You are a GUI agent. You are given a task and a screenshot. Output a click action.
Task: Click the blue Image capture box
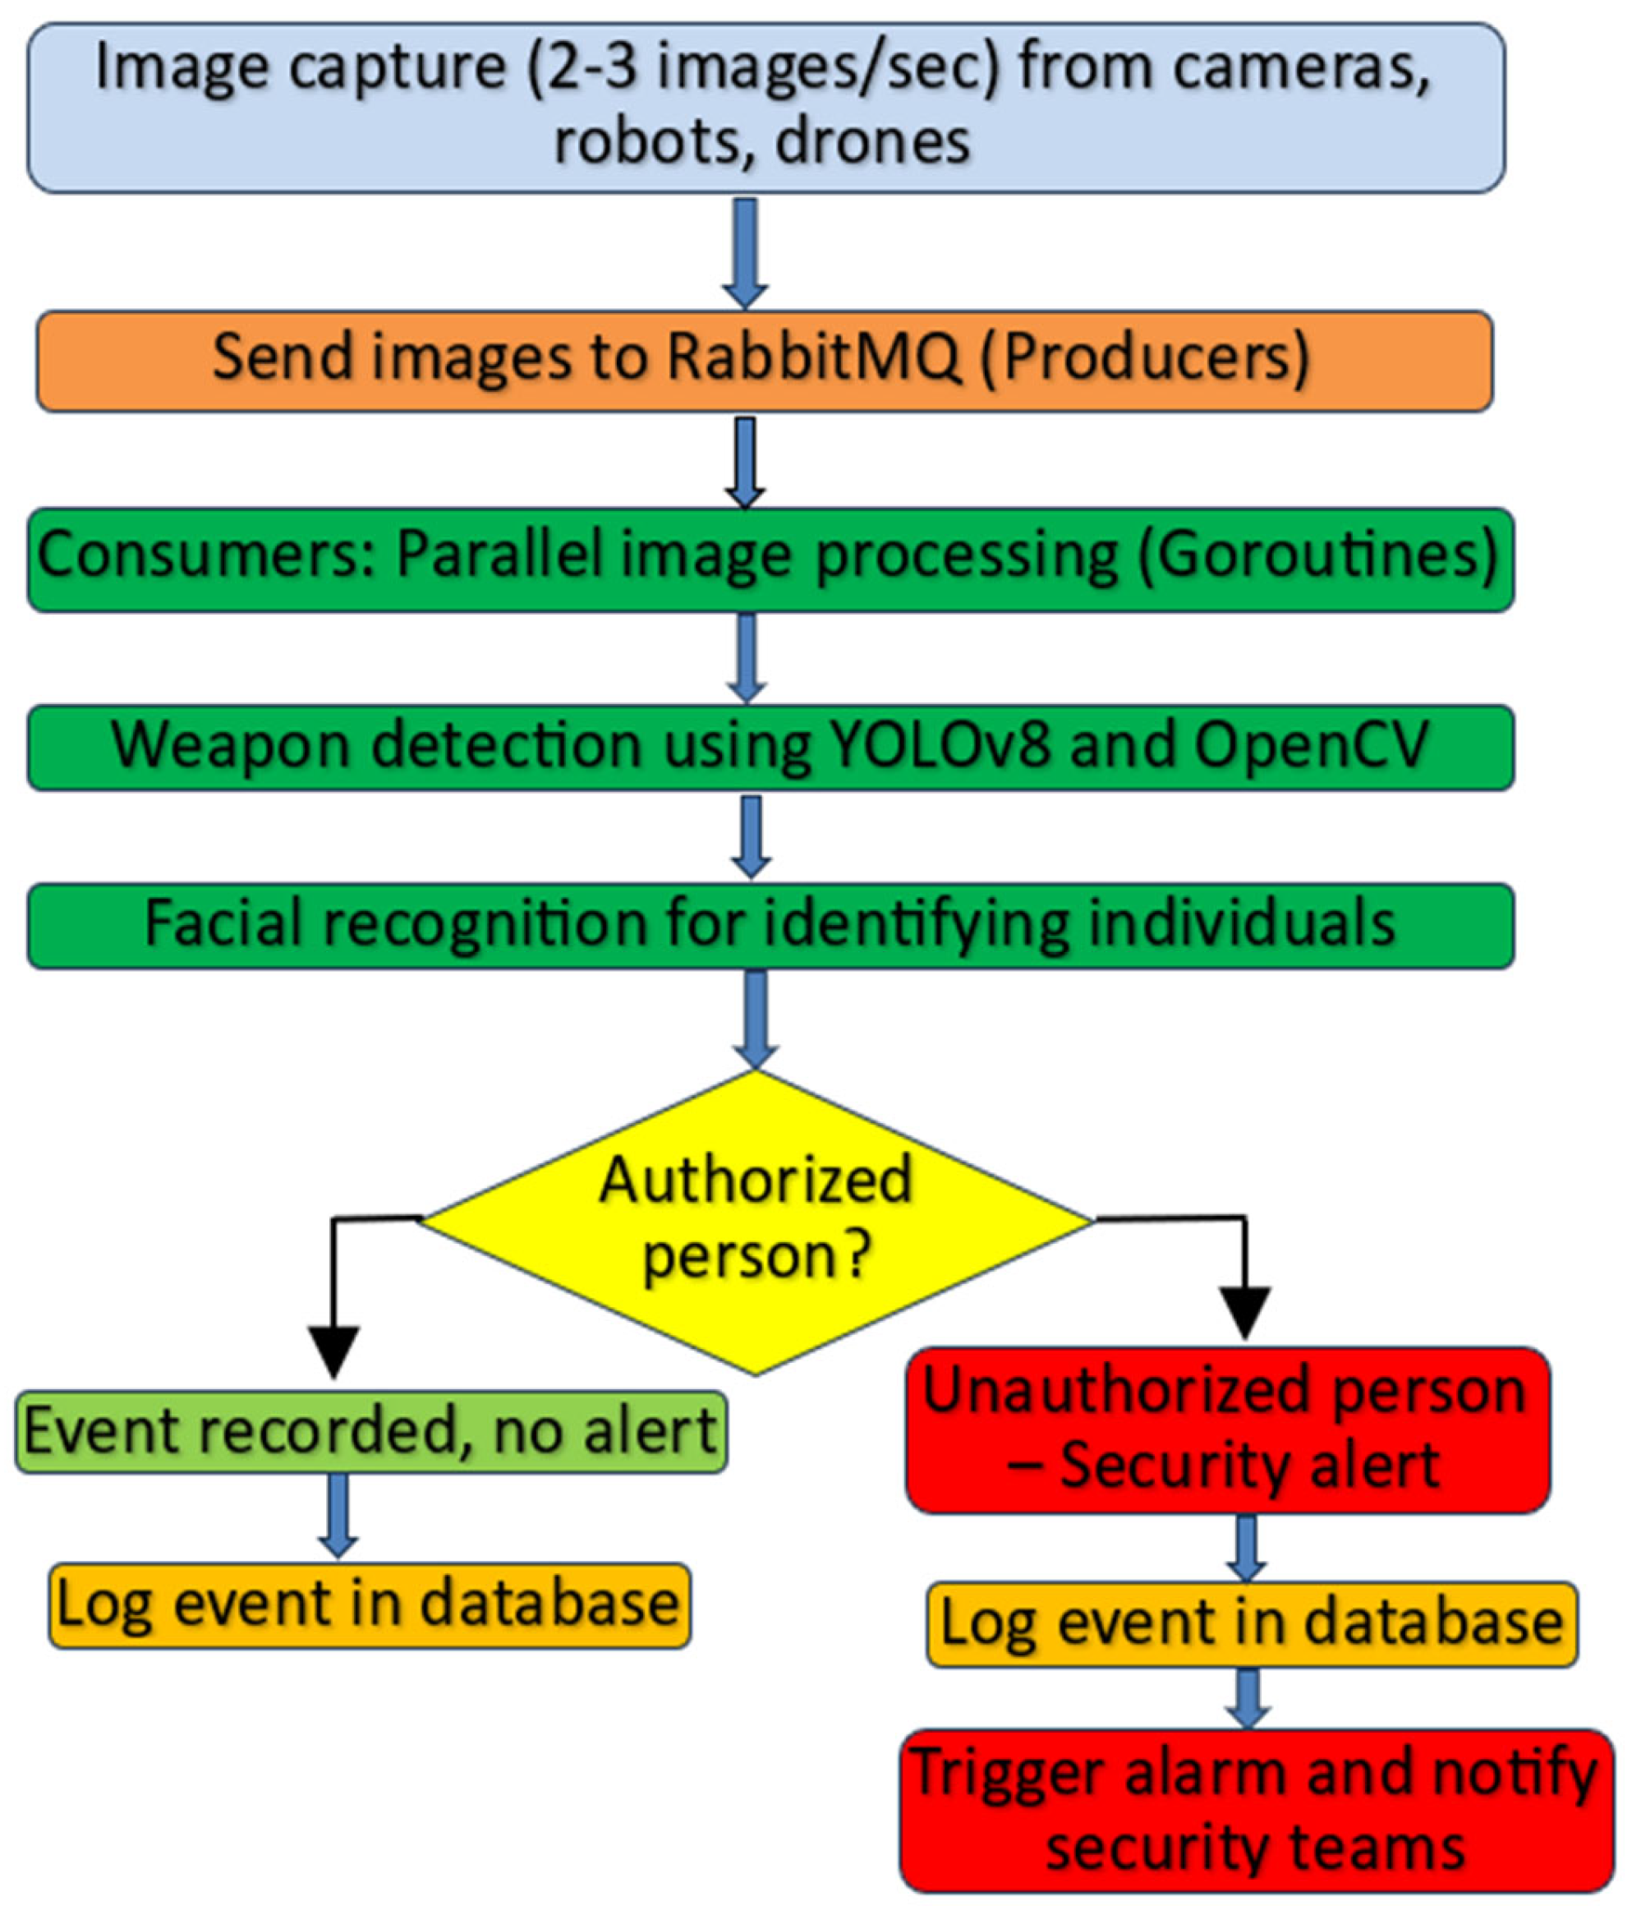coord(765,108)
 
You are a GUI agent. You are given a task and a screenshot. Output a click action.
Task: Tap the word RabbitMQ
coord(813,357)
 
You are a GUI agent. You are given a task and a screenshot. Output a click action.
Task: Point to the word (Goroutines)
coord(1317,555)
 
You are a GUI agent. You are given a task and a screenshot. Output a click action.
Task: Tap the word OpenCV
coord(1312,745)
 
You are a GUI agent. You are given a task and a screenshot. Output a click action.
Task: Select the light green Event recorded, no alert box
coord(370,1432)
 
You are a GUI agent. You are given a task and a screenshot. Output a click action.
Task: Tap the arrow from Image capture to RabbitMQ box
coord(745,251)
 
